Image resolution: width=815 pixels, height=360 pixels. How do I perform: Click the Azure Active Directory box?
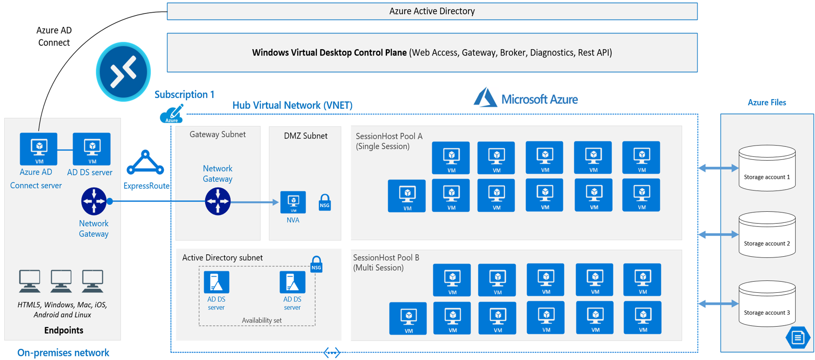point(432,11)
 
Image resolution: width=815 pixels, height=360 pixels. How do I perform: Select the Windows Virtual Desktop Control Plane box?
point(432,52)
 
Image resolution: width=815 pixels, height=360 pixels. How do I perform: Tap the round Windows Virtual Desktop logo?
point(123,72)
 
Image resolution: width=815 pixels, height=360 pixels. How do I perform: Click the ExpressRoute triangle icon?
point(145,163)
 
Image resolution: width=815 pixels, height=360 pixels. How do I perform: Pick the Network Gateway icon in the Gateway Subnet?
point(218,201)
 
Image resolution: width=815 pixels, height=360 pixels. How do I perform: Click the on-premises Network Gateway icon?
point(94,201)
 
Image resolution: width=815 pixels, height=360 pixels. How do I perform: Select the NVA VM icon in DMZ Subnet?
point(293,202)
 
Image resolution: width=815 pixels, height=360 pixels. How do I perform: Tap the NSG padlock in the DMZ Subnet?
point(325,202)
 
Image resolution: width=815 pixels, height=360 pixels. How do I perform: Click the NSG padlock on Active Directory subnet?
point(316,264)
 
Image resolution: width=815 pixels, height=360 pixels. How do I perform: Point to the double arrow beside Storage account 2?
point(718,235)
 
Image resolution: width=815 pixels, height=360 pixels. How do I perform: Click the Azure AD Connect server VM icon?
point(38,149)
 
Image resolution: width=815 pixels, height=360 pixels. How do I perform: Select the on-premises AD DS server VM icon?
point(92,149)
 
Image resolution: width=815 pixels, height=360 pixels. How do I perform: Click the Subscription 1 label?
point(184,95)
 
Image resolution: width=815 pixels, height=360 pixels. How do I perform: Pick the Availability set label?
point(261,320)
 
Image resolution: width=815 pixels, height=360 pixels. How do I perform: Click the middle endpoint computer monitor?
point(61,281)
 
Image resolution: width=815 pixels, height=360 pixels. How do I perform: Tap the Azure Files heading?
point(766,102)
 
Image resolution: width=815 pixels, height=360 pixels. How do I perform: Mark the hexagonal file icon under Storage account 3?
point(797,337)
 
